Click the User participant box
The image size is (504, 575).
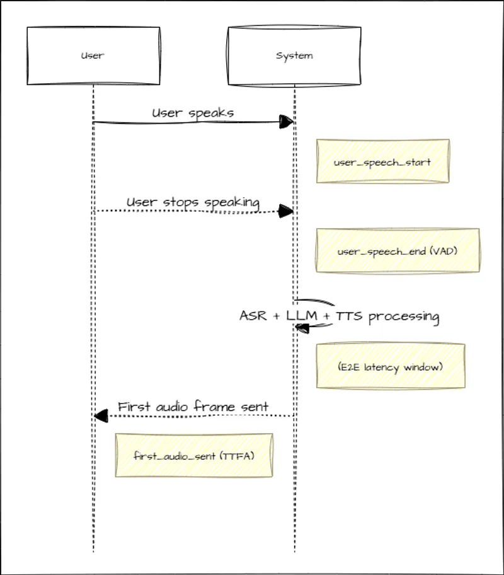click(93, 55)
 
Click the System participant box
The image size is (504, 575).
click(294, 55)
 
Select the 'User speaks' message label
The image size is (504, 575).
click(193, 113)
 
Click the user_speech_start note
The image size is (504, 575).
click(382, 162)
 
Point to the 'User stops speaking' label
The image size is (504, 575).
click(193, 202)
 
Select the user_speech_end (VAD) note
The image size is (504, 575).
click(398, 252)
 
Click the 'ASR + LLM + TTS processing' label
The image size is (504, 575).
click(339, 316)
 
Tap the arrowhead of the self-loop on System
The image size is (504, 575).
click(302, 327)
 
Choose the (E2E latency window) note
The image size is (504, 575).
click(391, 366)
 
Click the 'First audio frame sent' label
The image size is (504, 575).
click(193, 407)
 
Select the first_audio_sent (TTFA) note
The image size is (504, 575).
click(193, 455)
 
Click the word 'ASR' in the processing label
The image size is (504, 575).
click(254, 316)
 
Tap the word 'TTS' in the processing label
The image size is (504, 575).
click(350, 316)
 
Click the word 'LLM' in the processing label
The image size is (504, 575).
click(302, 316)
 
